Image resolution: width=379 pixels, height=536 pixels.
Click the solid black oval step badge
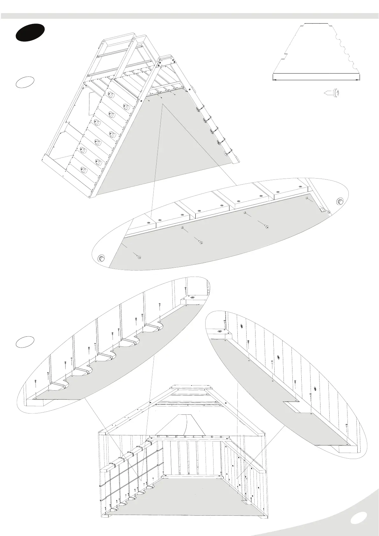pos(30,32)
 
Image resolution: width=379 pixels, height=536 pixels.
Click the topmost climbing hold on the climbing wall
pos(111,95)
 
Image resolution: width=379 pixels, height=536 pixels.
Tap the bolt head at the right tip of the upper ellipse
pos(340,201)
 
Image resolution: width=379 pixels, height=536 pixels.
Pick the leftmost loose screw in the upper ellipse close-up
pos(139,257)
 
